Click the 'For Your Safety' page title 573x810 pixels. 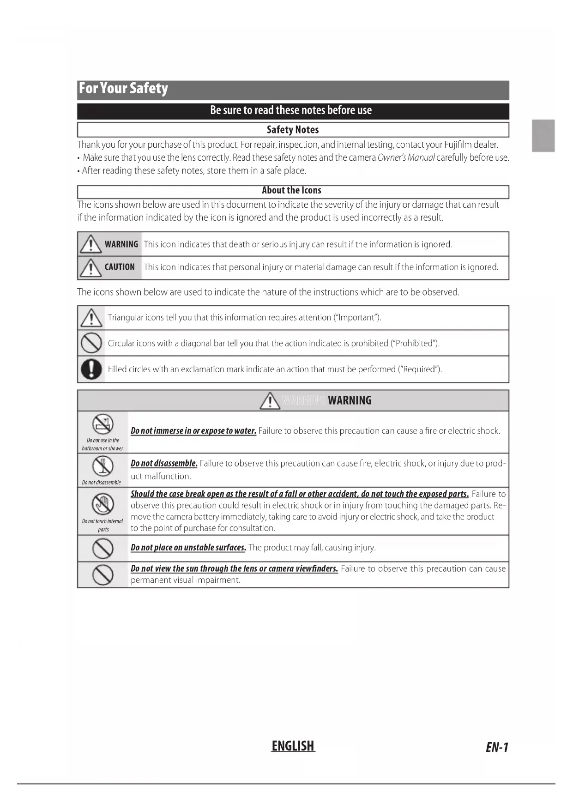point(123,88)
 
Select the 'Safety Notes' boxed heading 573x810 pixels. point(293,130)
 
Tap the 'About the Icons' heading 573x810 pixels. point(291,190)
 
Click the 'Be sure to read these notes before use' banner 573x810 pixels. point(291,110)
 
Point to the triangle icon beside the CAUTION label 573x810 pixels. point(90,267)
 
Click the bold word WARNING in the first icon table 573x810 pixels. point(121,244)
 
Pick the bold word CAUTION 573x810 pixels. point(120,267)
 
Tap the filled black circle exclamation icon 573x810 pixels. point(91,369)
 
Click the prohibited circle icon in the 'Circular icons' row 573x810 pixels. point(91,343)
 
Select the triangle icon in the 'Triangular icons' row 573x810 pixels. point(91,318)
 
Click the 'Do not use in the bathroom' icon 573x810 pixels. point(103,423)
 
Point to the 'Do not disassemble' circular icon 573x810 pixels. point(103,465)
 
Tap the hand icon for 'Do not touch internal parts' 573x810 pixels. point(103,503)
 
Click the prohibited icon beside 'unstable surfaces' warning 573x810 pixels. point(103,548)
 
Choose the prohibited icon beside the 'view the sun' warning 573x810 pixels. point(103,574)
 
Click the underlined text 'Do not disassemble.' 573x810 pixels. point(164,463)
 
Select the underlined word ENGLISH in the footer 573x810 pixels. point(293,746)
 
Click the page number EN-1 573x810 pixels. point(497,747)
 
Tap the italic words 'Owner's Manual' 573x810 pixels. point(406,157)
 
